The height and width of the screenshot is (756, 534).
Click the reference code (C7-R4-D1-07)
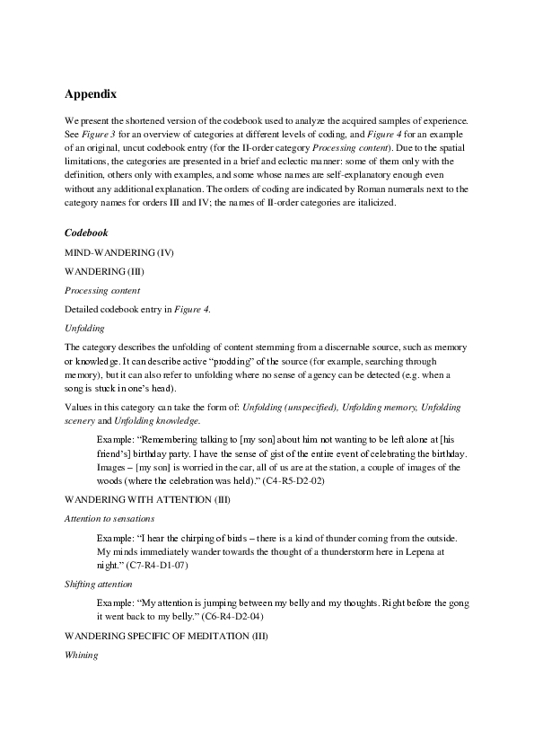[x=156, y=566]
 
